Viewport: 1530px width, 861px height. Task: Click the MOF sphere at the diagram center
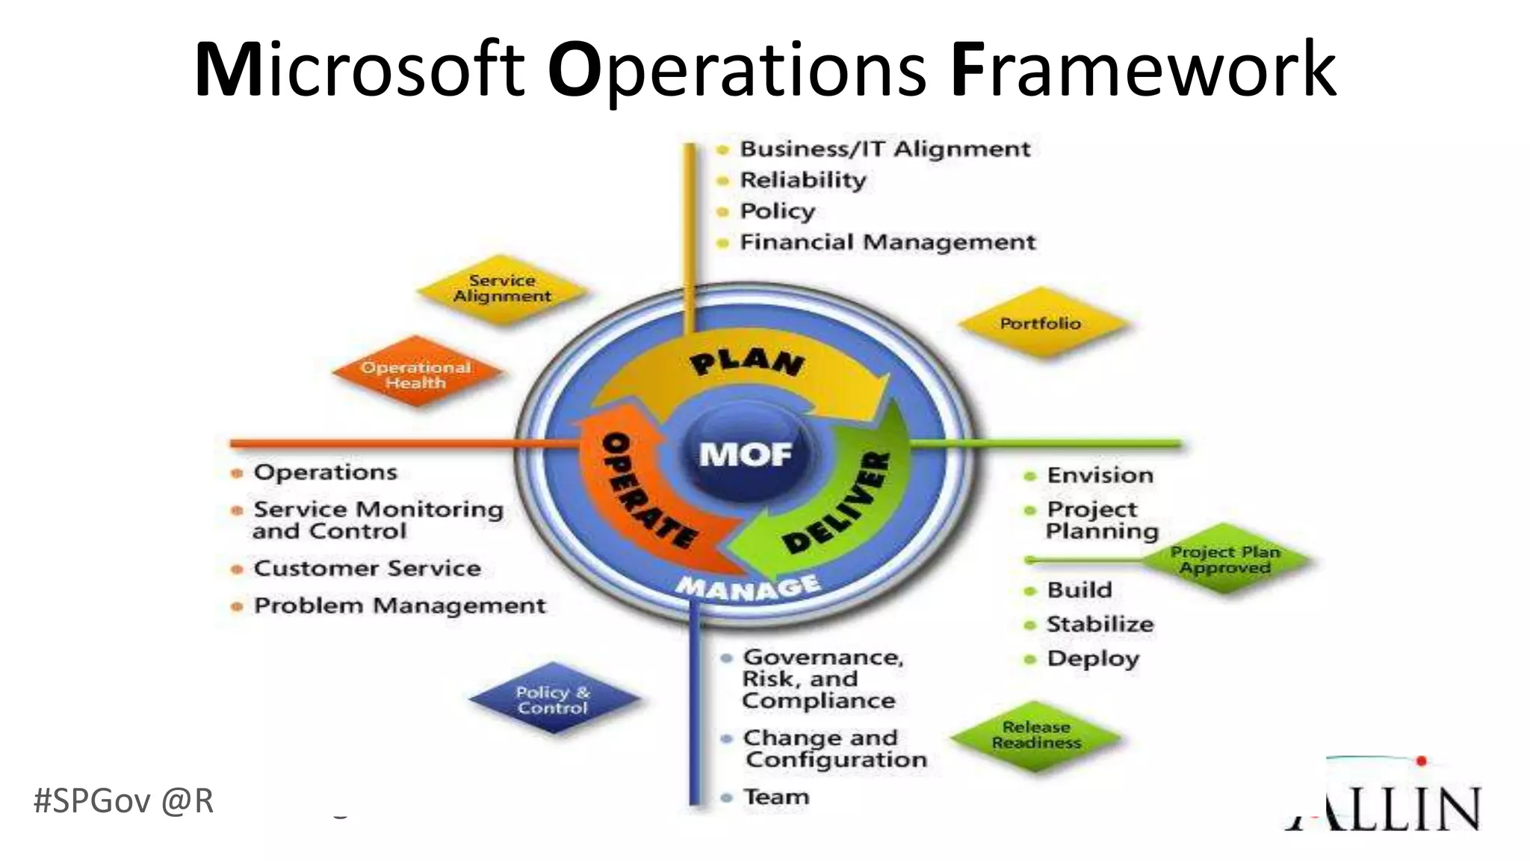click(x=746, y=454)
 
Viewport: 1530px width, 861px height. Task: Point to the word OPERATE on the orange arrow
click(x=647, y=490)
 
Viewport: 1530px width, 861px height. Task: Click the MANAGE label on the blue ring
click(x=748, y=587)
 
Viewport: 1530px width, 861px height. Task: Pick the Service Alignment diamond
click(x=502, y=289)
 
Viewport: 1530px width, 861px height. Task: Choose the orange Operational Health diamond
click(x=416, y=374)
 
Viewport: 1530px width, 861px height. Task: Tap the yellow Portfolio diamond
click(x=1041, y=324)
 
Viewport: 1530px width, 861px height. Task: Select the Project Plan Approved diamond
click(x=1225, y=560)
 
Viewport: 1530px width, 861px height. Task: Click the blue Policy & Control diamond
click(x=553, y=700)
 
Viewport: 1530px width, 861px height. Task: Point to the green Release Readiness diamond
click(x=1036, y=735)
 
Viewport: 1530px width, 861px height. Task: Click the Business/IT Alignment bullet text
click(x=885, y=149)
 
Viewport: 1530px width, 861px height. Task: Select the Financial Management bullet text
click(x=888, y=242)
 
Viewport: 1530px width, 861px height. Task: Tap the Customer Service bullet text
click(x=367, y=568)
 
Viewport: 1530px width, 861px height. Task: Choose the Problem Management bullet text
click(x=400, y=605)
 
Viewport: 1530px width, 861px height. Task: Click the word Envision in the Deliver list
click(x=1100, y=475)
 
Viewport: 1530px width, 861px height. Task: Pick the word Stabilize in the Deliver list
click(x=1100, y=624)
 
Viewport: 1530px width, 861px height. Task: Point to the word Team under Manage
click(x=775, y=797)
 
